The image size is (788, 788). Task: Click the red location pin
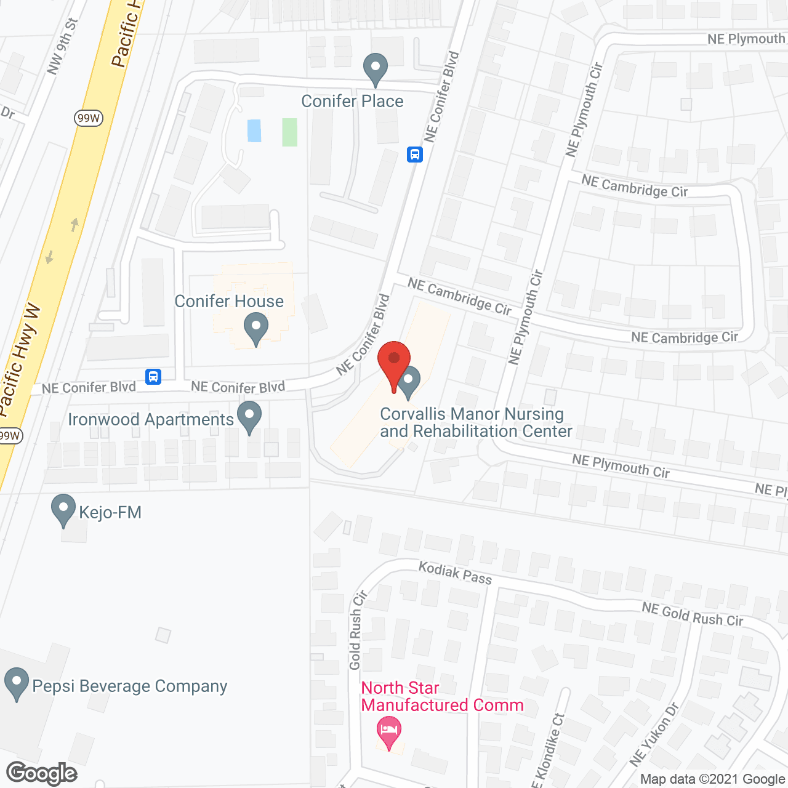[x=394, y=363]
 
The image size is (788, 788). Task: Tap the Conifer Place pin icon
[x=375, y=68]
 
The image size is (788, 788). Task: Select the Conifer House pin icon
[x=255, y=328]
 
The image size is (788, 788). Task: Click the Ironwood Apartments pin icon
[x=249, y=416]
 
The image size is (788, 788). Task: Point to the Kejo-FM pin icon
[x=63, y=510]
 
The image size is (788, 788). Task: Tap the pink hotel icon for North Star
[x=388, y=731]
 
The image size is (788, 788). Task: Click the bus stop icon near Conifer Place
[x=415, y=154]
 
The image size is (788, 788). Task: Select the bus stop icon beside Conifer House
[x=153, y=376]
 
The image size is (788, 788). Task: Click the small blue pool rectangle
[x=254, y=131]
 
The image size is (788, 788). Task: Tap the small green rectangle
[x=289, y=132]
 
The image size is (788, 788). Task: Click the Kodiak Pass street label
[x=456, y=573]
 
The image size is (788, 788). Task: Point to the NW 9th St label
[x=63, y=47]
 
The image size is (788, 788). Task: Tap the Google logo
[x=42, y=773]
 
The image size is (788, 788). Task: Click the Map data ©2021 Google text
[x=712, y=779]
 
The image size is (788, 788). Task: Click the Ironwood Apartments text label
[x=151, y=419]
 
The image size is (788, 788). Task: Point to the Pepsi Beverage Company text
[x=130, y=686]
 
